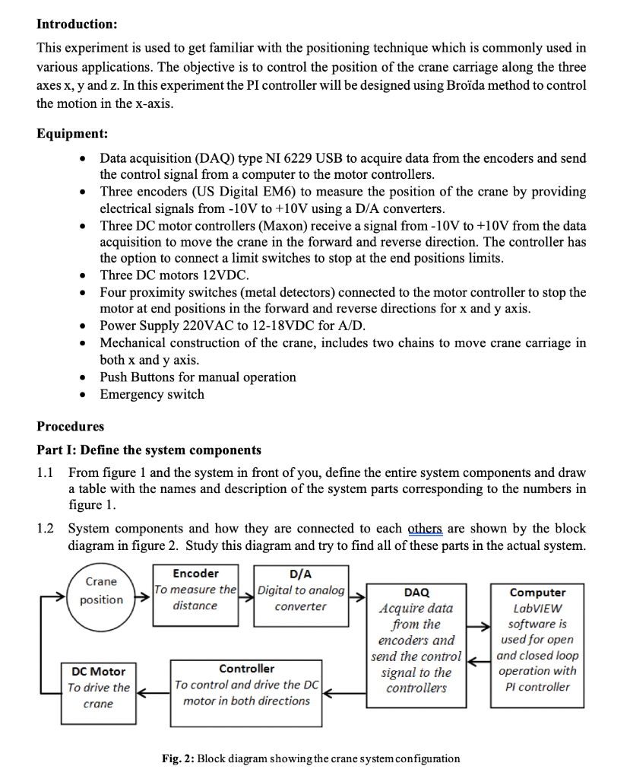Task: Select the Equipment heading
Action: [72, 134]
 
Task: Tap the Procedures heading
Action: [71, 426]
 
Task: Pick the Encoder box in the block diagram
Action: [195, 595]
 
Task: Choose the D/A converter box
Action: [301, 595]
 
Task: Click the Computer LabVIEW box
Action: [537, 639]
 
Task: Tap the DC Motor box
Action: [99, 688]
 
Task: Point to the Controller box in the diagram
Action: [247, 685]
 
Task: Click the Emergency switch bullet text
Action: [152, 394]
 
